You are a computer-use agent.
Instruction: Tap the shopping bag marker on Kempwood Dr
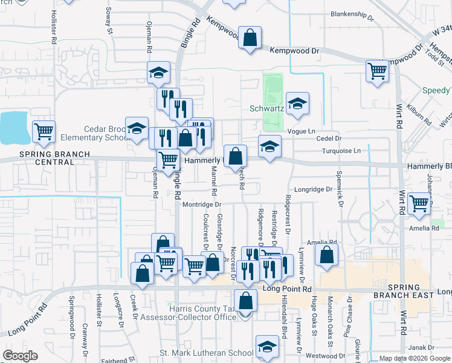coord(249,39)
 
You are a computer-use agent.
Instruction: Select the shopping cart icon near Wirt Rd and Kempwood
coord(377,71)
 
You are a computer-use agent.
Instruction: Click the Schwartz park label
coord(266,110)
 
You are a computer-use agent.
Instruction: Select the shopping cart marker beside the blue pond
coord(44,131)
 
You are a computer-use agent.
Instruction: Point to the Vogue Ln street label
coord(303,131)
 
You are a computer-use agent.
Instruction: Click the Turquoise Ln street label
coord(341,151)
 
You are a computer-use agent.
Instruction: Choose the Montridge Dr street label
coord(202,204)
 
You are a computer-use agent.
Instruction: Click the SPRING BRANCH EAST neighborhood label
coord(410,290)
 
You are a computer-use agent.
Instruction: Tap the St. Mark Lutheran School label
coord(206,353)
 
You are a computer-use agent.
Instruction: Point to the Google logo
coord(20,356)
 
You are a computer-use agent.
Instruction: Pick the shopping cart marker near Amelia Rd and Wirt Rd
coord(419,204)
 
